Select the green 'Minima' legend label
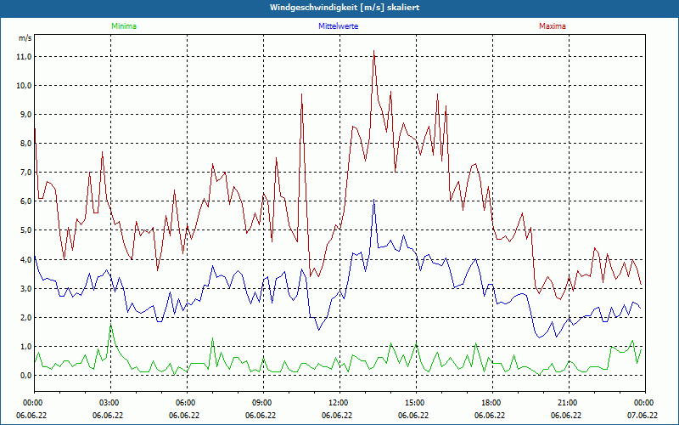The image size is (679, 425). (x=123, y=26)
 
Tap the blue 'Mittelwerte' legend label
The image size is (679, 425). (x=338, y=26)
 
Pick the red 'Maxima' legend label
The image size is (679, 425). (x=552, y=26)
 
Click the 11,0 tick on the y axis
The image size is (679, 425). (x=23, y=57)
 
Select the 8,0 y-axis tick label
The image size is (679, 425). (x=25, y=144)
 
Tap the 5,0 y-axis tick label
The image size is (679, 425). (x=25, y=230)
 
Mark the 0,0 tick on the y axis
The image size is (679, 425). (x=25, y=375)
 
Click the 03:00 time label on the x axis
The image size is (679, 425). (x=109, y=402)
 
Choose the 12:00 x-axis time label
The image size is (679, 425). (x=339, y=402)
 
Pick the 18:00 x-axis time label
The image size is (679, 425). (x=491, y=402)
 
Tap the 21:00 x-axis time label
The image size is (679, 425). (x=568, y=402)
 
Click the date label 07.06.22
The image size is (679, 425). (x=643, y=416)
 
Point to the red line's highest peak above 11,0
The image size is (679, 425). (x=373, y=51)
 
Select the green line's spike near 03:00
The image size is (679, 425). (x=110, y=326)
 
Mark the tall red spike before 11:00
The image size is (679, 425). (x=301, y=94)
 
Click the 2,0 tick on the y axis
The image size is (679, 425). (x=25, y=317)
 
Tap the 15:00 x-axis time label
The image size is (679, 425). (x=415, y=402)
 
